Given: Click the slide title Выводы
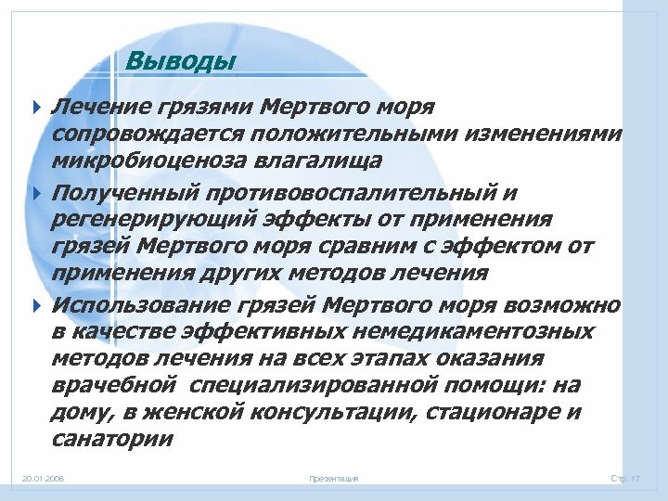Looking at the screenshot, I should (181, 62).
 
